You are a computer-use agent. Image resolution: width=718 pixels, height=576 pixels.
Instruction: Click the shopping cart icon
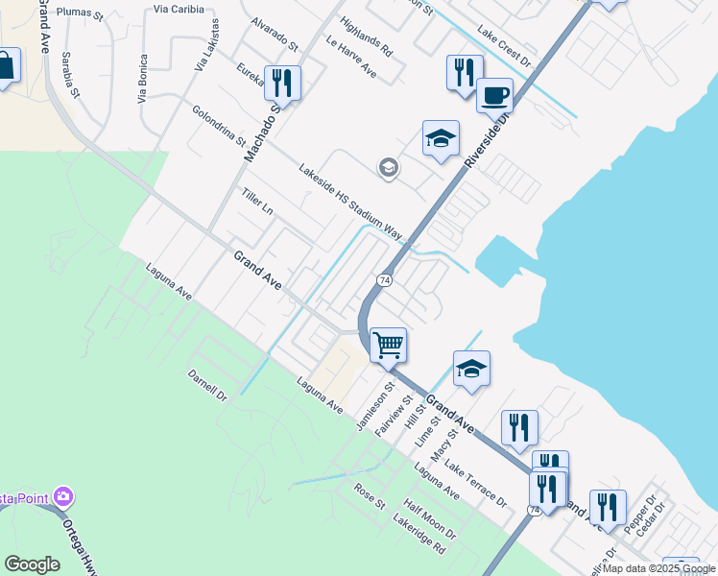point(388,344)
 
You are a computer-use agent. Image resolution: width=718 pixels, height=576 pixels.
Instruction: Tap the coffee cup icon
point(494,95)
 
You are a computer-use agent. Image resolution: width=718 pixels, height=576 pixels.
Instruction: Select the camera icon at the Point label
point(64,497)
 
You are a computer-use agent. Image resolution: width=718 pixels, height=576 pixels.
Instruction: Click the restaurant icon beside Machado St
point(282,83)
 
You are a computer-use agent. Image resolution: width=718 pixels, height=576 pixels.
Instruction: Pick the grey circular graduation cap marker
point(388,169)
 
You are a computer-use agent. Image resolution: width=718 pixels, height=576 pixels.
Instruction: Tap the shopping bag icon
point(5,65)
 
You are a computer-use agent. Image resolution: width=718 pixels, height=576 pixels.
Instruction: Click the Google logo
point(32,564)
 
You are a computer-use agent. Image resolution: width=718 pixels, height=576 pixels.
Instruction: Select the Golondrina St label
point(218,125)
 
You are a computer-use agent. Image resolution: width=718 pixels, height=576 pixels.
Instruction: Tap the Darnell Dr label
point(207,385)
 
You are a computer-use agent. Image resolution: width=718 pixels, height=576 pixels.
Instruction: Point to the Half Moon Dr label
point(429,519)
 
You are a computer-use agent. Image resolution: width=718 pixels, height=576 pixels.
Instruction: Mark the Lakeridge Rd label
point(419,535)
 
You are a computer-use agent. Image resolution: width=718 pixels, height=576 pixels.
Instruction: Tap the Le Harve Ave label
point(350,60)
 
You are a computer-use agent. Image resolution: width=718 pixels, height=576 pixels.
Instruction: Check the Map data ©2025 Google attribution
point(659,568)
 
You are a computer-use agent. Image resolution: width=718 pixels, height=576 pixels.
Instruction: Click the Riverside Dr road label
point(484,134)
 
